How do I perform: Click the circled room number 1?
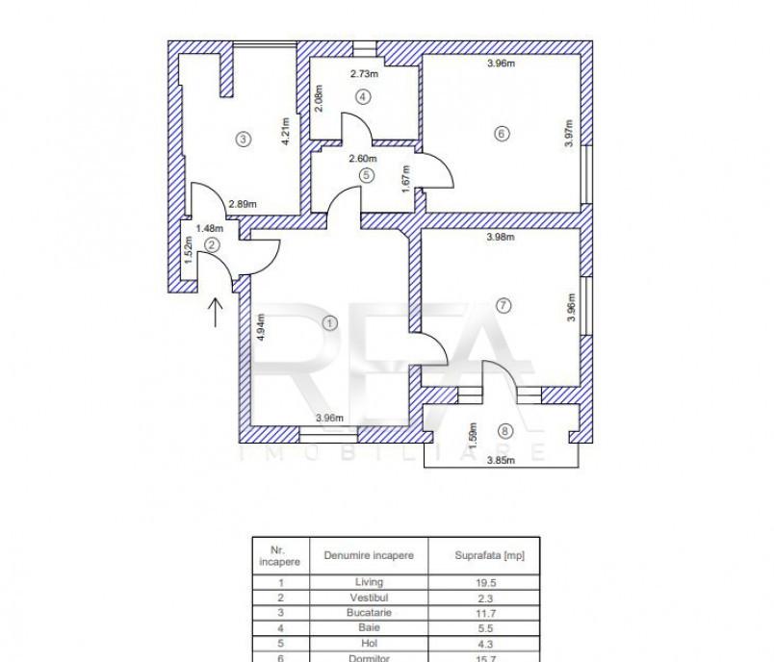click(x=330, y=323)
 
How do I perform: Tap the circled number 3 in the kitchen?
click(x=243, y=140)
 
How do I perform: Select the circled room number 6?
click(x=502, y=134)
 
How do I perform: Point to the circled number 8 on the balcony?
click(x=504, y=431)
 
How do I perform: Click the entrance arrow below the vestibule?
click(x=216, y=313)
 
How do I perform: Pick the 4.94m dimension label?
click(x=261, y=327)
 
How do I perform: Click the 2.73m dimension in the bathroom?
click(x=364, y=74)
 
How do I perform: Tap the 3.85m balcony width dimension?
click(x=501, y=461)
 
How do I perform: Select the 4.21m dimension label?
click(x=285, y=131)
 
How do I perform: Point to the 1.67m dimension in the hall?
click(x=405, y=179)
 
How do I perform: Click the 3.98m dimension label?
click(x=501, y=237)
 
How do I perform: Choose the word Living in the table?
click(x=369, y=582)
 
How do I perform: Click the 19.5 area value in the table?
click(x=486, y=582)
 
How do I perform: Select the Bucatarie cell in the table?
click(x=369, y=613)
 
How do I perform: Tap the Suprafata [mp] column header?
click(x=490, y=555)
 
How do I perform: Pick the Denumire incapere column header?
click(x=369, y=555)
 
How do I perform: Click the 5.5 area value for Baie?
click(x=486, y=628)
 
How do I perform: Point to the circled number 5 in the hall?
click(x=366, y=175)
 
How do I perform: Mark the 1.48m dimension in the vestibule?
click(x=209, y=228)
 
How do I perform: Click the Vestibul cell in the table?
click(x=369, y=598)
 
